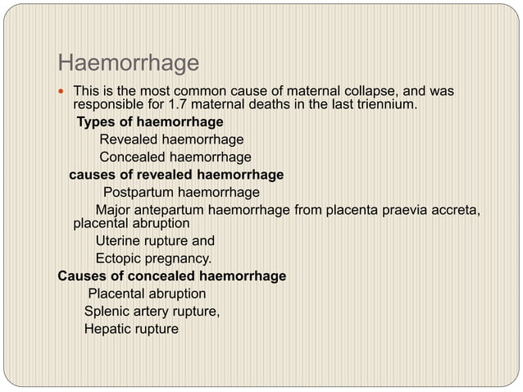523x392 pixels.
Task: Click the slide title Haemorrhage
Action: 129,62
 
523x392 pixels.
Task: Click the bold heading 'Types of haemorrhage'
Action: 150,122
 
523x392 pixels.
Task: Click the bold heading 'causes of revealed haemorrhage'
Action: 176,174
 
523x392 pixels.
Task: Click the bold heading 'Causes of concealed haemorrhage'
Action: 172,276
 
